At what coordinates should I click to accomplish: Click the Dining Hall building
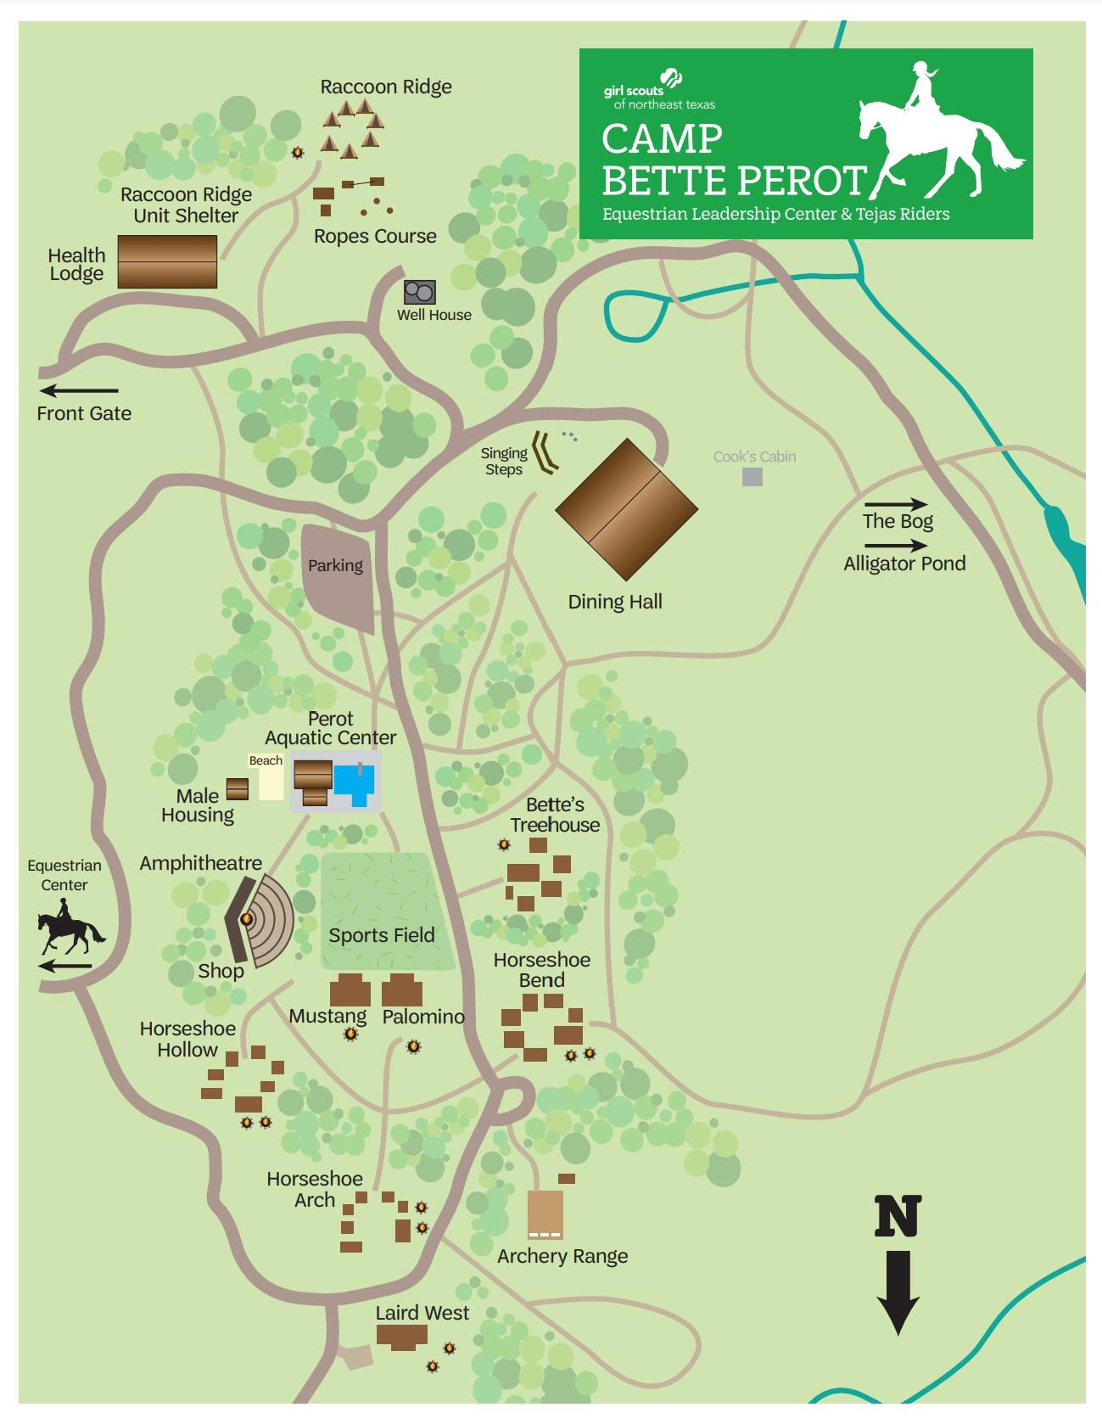tap(626, 509)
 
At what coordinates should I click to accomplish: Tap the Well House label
tap(434, 315)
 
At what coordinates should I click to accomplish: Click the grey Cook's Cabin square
tap(752, 477)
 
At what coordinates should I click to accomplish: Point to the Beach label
tap(266, 760)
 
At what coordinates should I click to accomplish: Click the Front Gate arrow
tap(79, 391)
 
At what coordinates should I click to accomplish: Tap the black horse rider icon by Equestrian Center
tap(68, 932)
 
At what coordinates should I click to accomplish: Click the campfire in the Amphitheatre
tap(247, 918)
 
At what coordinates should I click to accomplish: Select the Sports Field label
tap(381, 935)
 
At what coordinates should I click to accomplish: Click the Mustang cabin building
tap(350, 990)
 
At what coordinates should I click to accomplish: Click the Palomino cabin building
tap(402, 990)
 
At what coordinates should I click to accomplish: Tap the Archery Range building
tap(545, 1214)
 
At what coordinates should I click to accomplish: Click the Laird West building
tap(402, 1337)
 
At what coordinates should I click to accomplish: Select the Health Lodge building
tap(167, 262)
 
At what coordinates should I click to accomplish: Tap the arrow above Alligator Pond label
tap(895, 547)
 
